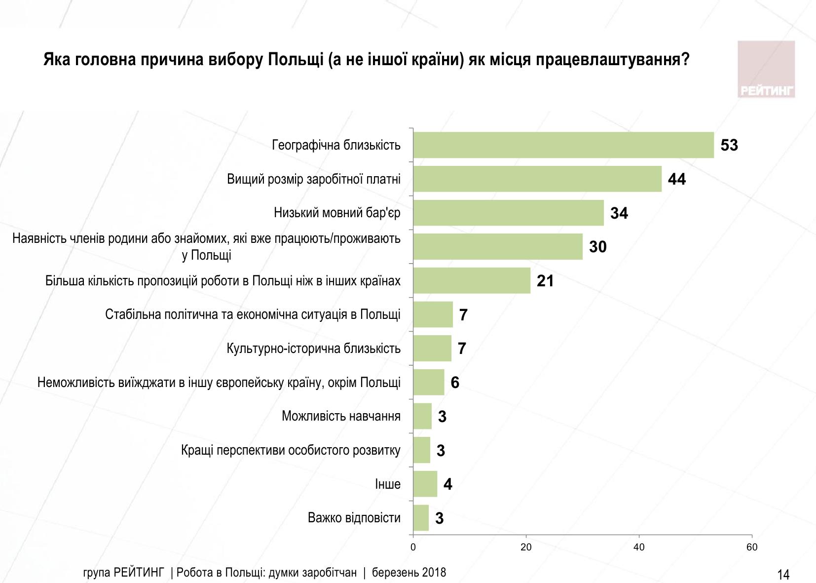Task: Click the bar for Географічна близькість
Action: tap(563, 145)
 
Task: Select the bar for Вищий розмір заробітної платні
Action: tap(537, 179)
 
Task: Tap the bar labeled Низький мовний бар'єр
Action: tap(508, 213)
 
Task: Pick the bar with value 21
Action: tap(472, 281)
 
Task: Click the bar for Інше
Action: tap(425, 484)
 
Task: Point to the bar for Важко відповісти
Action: tap(421, 518)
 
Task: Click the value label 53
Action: tap(729, 145)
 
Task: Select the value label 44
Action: tap(677, 179)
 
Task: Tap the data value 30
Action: tap(598, 247)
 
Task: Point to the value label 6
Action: tap(455, 383)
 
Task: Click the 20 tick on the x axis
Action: tap(526, 547)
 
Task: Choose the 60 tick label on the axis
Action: tap(752, 547)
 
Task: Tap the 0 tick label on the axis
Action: tap(413, 547)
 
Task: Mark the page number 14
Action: tap(783, 575)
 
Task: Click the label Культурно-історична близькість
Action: tap(313, 349)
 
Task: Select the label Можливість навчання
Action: tap(341, 416)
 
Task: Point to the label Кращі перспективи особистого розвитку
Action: tap(291, 450)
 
